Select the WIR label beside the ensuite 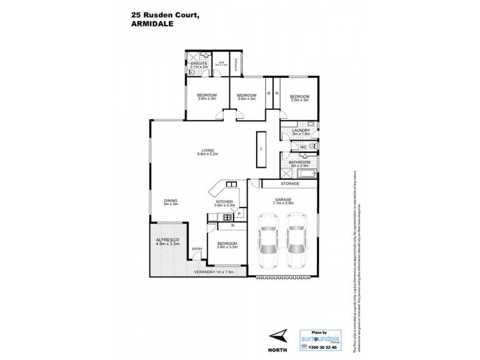221,62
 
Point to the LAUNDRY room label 300,133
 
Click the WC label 304,146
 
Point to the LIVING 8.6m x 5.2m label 207,152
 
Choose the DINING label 171,202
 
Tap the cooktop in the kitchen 228,217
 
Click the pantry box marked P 239,213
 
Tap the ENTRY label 197,249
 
